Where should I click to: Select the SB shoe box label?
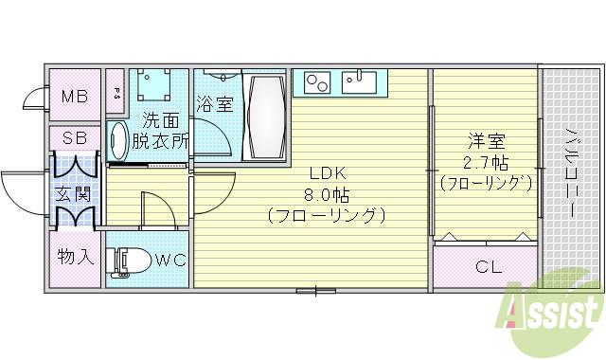point(75,137)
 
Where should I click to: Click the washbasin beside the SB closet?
point(117,142)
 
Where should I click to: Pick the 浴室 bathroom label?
point(215,104)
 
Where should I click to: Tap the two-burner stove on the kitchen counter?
point(314,82)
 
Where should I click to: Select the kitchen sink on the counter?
point(361,81)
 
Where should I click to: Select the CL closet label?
point(488,266)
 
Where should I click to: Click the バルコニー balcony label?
point(572,172)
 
